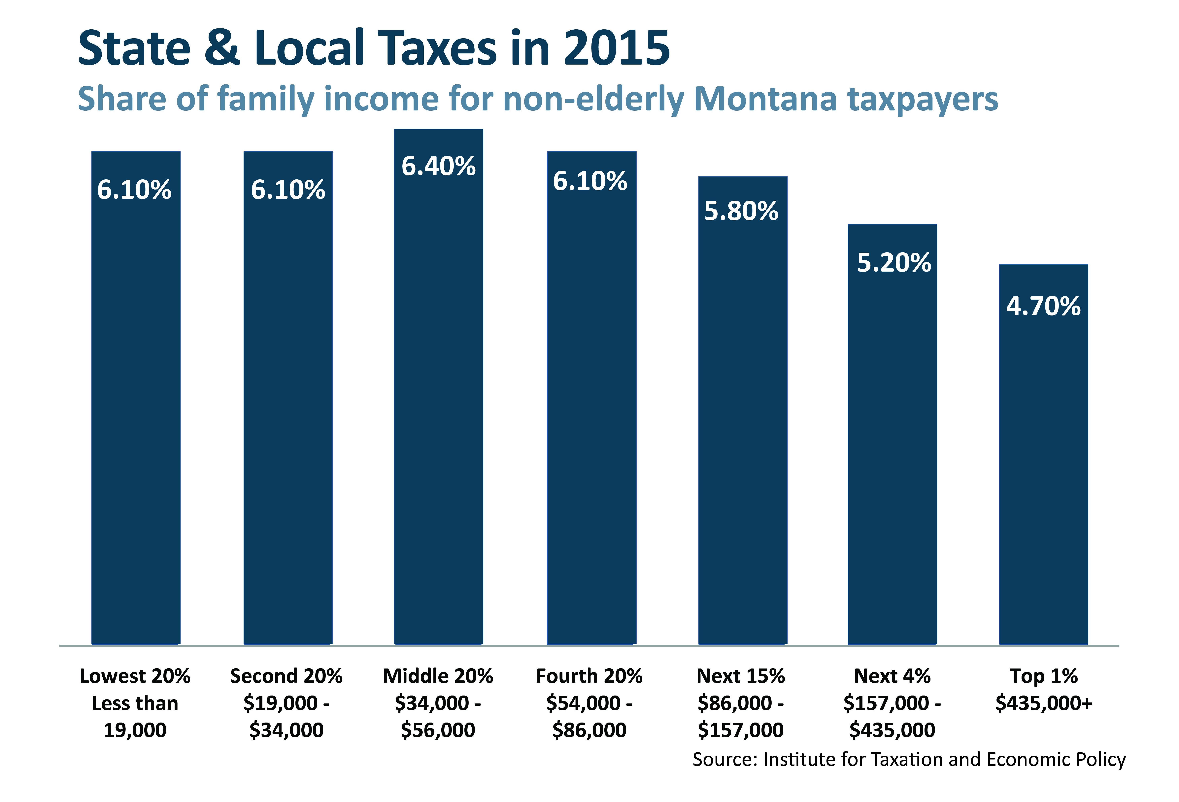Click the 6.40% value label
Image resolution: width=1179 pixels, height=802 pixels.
coord(438,166)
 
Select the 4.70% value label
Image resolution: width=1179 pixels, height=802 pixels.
coord(1044,306)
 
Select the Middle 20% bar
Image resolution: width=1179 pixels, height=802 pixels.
coord(438,405)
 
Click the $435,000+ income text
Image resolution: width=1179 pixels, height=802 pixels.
coord(1044,703)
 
